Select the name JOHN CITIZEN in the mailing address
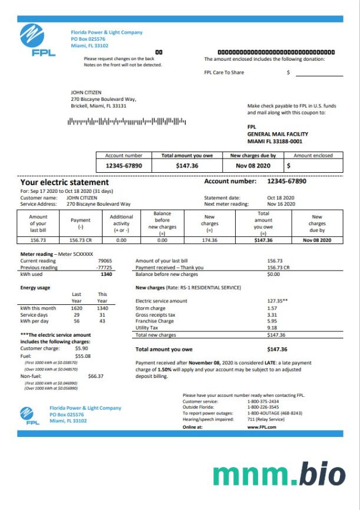pyautogui.click(x=86, y=93)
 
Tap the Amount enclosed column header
pyautogui.click(x=313, y=156)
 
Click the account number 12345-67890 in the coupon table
pyautogui.click(x=124, y=166)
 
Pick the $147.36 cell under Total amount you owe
pyautogui.click(x=187, y=166)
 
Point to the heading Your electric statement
pyautogui.click(x=64, y=183)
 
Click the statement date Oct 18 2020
pyautogui.click(x=280, y=198)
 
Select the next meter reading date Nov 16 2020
pyautogui.click(x=280, y=203)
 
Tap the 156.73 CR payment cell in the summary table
pyautogui.click(x=81, y=240)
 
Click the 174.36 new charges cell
pyautogui.click(x=209, y=240)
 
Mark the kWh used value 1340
pyautogui.click(x=106, y=274)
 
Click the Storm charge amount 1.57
pyautogui.click(x=272, y=308)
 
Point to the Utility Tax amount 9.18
pyautogui.click(x=272, y=328)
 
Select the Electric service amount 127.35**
pyautogui.click(x=277, y=301)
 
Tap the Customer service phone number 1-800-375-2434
pyautogui.click(x=263, y=401)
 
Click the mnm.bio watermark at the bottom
pyautogui.click(x=279, y=475)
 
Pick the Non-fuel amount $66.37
pyautogui.click(x=95, y=376)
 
